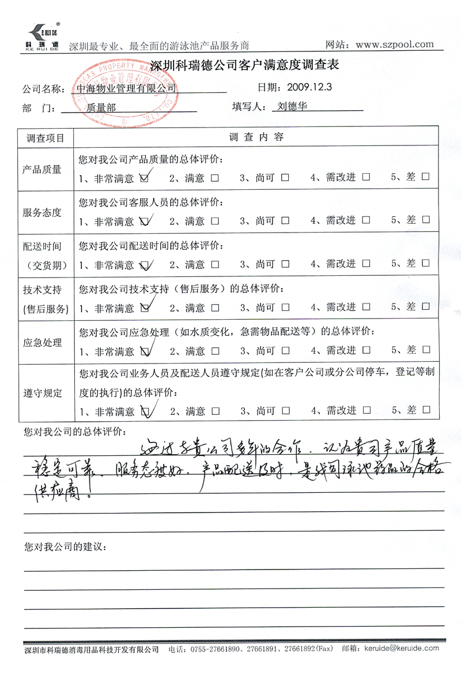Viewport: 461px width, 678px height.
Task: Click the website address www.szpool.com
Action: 395,44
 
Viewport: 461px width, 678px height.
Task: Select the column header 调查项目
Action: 46,138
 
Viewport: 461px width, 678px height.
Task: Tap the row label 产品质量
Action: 42,170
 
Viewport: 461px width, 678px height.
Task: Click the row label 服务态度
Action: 42,212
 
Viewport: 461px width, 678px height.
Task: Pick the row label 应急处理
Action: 42,343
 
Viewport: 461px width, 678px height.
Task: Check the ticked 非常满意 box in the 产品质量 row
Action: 145,178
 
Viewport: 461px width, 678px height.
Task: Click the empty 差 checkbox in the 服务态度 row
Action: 425,221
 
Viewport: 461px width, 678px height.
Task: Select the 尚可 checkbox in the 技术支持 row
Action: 285,308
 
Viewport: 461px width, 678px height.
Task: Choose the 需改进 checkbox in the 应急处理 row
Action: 366,351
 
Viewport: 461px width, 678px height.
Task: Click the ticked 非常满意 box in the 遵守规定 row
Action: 145,411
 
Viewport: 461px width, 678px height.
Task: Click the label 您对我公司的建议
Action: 65,545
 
